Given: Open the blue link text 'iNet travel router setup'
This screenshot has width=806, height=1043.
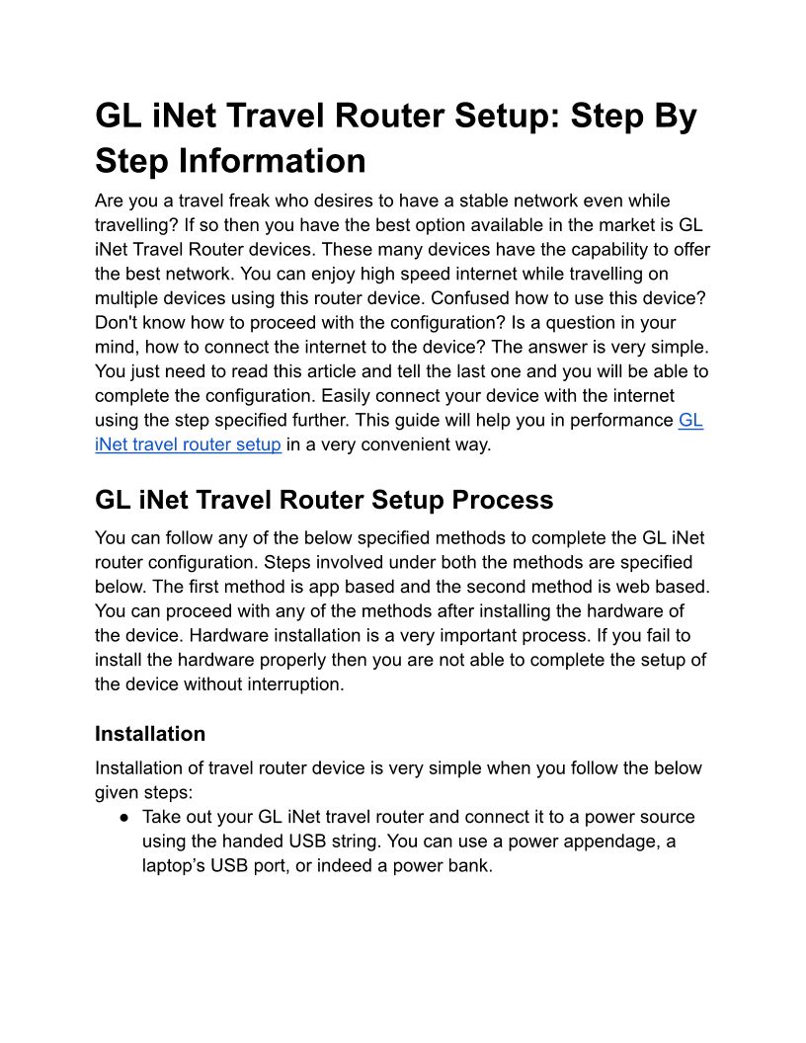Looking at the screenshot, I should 188,444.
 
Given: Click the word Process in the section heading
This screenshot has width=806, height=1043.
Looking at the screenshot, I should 502,500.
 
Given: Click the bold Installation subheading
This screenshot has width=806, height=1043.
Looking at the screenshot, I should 150,734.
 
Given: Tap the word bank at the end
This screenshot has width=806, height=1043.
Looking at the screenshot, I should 468,866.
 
